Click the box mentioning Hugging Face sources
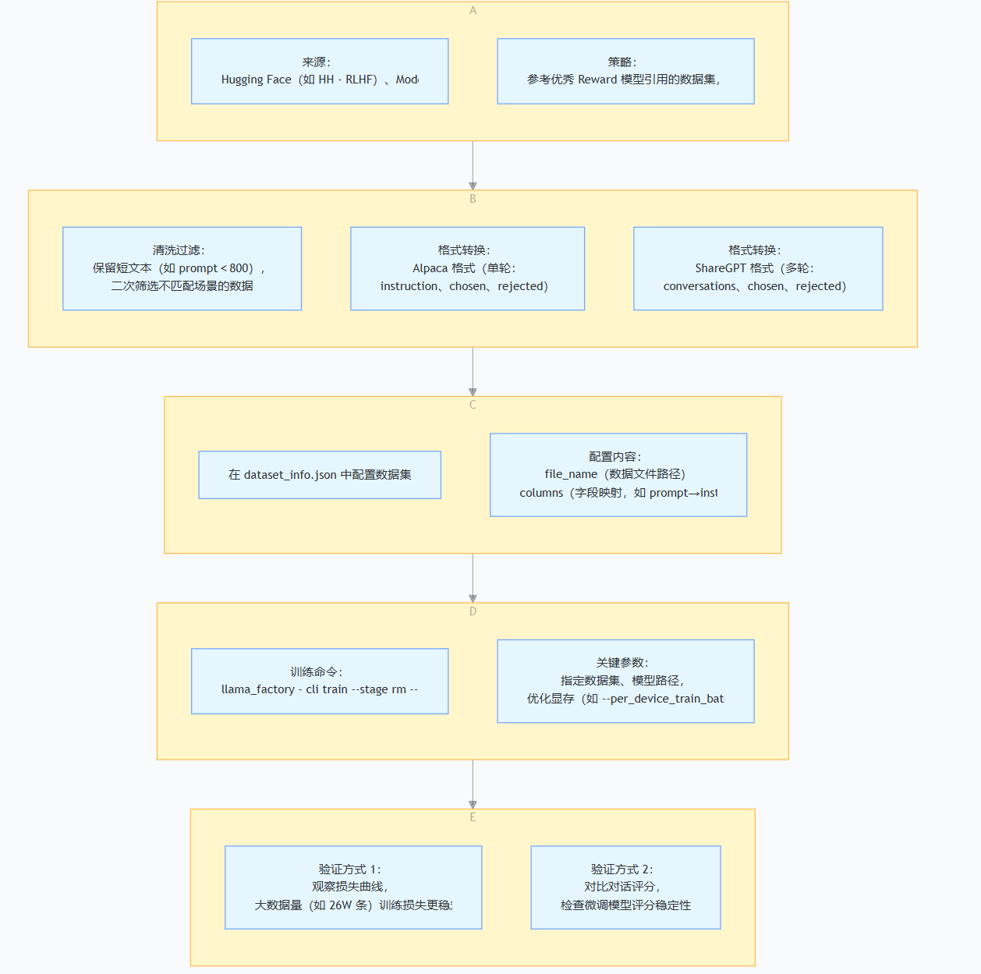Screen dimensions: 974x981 coord(320,71)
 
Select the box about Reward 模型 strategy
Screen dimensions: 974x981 coord(625,71)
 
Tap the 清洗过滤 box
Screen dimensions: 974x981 coord(182,268)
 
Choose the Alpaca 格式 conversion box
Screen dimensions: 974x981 coord(467,268)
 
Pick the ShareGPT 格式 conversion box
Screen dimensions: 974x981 coord(758,268)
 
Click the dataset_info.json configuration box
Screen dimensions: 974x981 coord(320,474)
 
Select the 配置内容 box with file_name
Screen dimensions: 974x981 coord(618,474)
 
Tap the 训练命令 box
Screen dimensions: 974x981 coord(320,681)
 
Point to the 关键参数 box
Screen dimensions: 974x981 coord(625,681)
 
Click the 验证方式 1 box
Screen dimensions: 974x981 coord(353,887)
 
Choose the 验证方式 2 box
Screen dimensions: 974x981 coord(625,887)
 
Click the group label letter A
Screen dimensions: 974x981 coord(473,10)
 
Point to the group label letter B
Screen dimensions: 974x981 coord(473,199)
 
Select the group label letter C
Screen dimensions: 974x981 coord(473,405)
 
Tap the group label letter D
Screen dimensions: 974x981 coord(473,611)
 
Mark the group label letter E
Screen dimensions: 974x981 coord(473,817)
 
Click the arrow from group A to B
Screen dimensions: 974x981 coord(473,165)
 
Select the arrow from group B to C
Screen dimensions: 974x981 coord(473,372)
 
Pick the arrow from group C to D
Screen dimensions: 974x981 coord(473,578)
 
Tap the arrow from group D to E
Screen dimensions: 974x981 coord(473,785)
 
